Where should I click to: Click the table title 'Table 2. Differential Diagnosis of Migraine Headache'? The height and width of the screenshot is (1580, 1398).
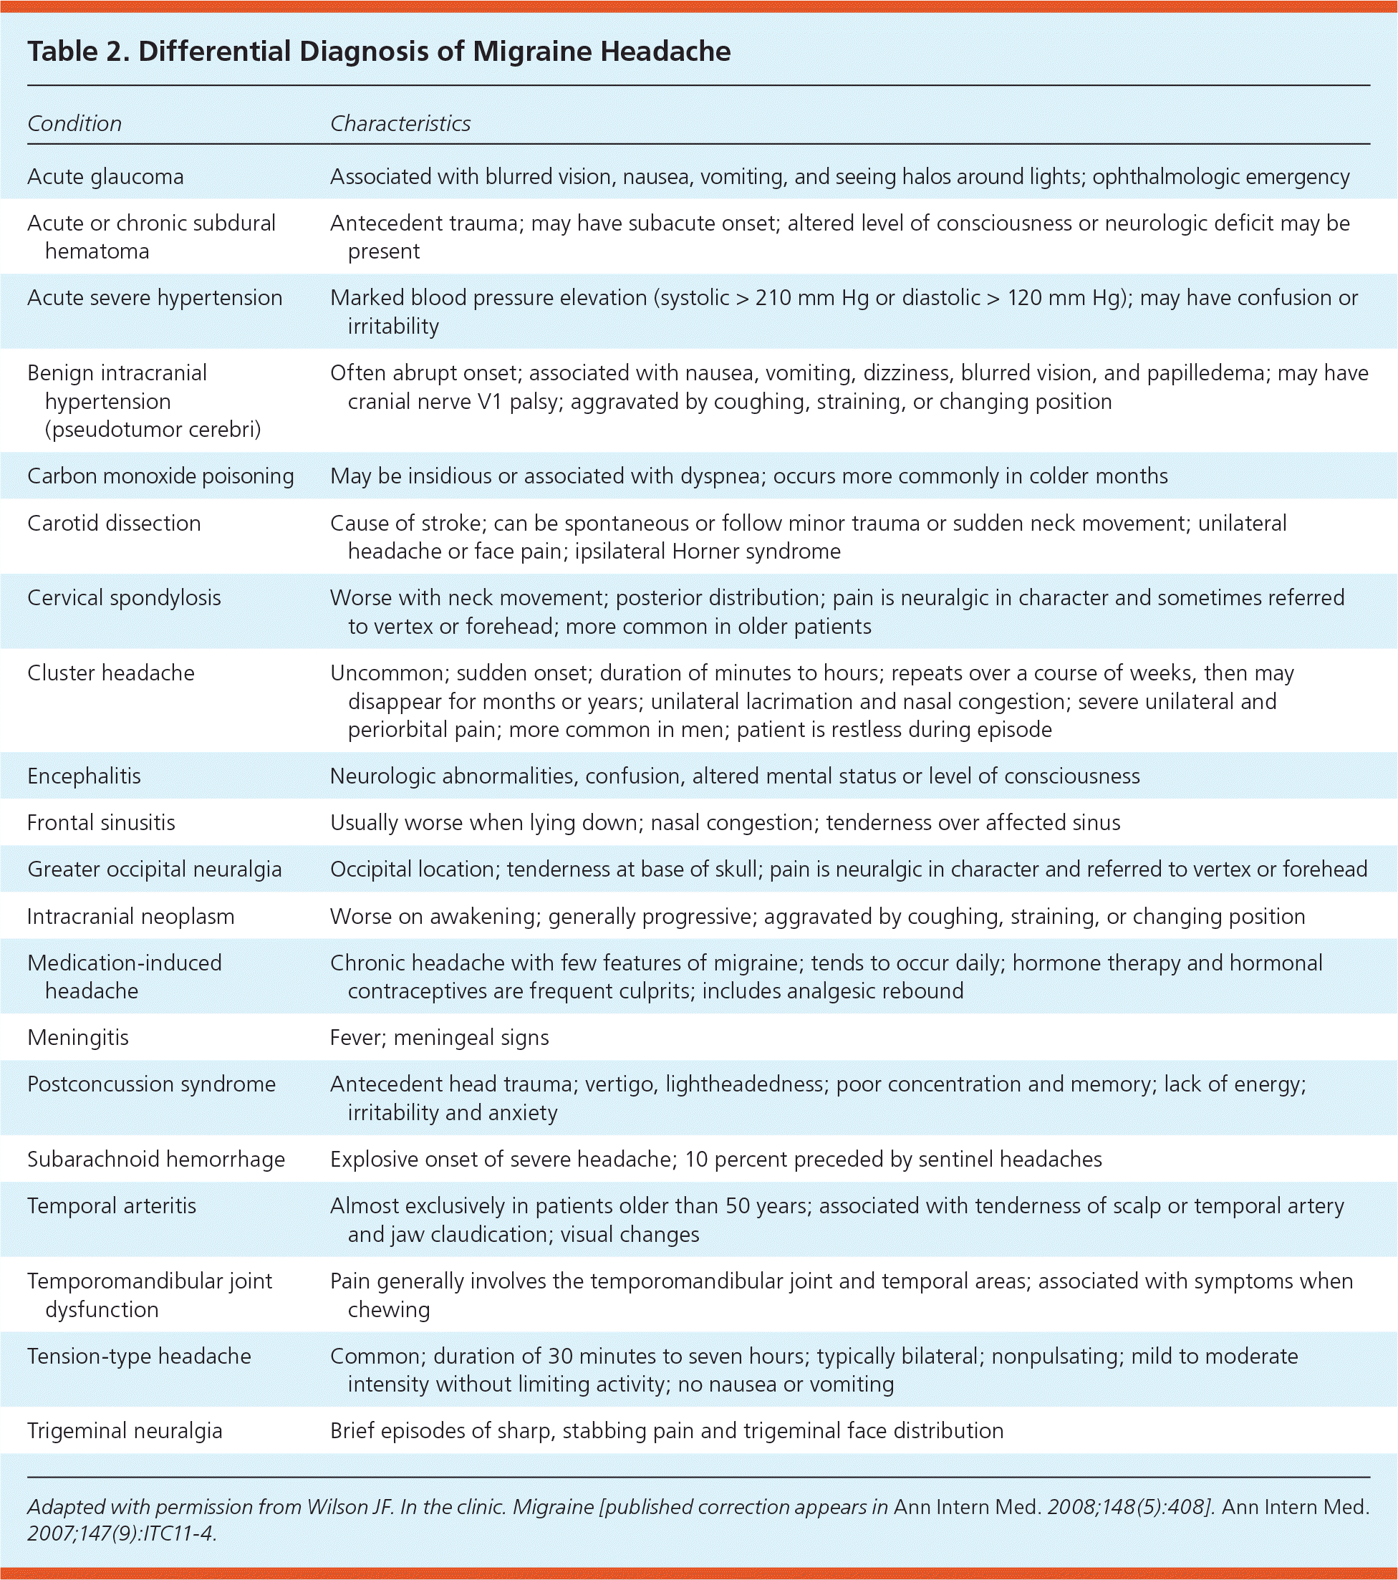(379, 52)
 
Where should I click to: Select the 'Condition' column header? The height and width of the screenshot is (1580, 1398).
(74, 124)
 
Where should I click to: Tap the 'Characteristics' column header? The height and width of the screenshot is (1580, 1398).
(400, 124)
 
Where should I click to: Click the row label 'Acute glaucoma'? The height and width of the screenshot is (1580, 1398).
(105, 177)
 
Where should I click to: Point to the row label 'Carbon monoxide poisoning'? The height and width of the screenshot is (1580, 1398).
(160, 476)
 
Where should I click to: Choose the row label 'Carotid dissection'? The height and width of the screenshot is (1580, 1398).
(114, 524)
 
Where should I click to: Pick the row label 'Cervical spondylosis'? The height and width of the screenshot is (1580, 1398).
(124, 598)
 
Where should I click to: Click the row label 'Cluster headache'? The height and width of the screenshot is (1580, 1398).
(110, 673)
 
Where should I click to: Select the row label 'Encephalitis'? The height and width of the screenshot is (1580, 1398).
(84, 776)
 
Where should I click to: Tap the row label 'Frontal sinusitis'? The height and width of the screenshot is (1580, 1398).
(100, 822)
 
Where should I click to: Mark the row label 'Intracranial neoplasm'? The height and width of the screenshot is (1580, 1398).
(130, 917)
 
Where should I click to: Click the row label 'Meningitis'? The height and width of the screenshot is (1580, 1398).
(77, 1037)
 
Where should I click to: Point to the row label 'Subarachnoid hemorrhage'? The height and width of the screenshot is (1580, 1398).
(155, 1160)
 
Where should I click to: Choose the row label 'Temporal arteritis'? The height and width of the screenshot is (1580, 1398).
(111, 1206)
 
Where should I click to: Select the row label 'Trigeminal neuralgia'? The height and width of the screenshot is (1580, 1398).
(125, 1431)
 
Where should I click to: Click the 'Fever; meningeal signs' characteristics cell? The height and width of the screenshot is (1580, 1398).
(439, 1037)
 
